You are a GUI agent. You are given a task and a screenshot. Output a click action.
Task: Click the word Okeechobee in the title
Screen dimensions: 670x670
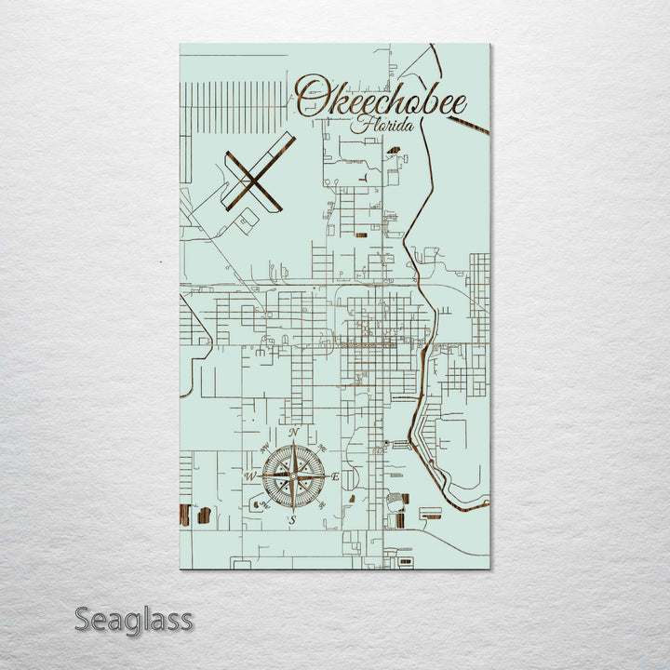tap(382, 98)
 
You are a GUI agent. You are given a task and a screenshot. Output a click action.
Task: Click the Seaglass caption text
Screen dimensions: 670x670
tap(133, 619)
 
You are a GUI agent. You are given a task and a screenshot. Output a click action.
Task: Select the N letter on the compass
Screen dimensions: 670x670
tap(293, 433)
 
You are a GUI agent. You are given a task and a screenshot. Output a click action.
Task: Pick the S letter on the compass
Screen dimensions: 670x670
tap(292, 521)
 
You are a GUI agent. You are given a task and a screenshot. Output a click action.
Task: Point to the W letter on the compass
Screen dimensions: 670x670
tap(249, 476)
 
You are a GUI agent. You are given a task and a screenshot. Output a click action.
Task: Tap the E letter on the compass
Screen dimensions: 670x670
tap(336, 476)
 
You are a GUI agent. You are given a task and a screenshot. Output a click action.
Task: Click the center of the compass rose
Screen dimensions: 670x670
tap(293, 476)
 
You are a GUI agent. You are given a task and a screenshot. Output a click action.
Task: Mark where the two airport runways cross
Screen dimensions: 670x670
tap(253, 176)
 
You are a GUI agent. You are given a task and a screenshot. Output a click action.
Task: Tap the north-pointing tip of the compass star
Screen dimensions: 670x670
tap(293, 444)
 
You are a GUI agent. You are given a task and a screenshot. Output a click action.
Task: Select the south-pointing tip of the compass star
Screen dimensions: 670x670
tap(293, 509)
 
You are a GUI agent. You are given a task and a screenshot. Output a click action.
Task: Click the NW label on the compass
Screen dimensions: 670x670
tap(263, 448)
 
